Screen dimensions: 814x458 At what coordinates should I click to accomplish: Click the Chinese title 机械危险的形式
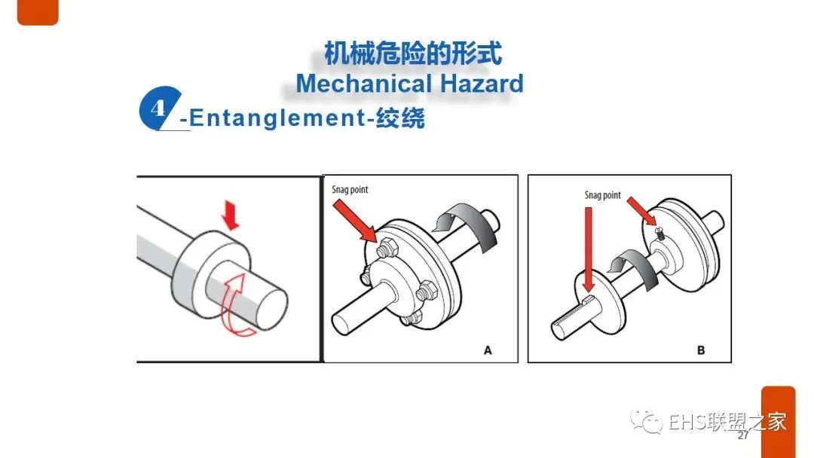pyautogui.click(x=413, y=54)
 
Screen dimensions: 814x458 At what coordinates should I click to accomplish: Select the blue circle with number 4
pyautogui.click(x=160, y=109)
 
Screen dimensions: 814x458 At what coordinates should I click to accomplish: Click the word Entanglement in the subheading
pyautogui.click(x=277, y=118)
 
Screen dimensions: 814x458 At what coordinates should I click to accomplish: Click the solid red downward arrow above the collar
pyautogui.click(x=230, y=215)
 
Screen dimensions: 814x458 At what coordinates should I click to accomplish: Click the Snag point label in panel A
pyautogui.click(x=350, y=189)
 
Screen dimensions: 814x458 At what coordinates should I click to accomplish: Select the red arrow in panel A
pyautogui.click(x=355, y=221)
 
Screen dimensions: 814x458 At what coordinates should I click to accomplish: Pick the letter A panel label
pyautogui.click(x=488, y=350)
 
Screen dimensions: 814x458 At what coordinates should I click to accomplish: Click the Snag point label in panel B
pyautogui.click(x=603, y=195)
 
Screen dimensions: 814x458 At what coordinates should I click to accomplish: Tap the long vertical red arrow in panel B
pyautogui.click(x=588, y=250)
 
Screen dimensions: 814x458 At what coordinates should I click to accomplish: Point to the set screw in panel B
pyautogui.click(x=660, y=233)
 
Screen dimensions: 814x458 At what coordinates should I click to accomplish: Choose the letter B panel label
pyautogui.click(x=701, y=350)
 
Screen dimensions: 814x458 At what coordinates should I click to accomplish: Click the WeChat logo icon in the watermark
pyautogui.click(x=646, y=421)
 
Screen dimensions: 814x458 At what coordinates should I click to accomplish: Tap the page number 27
pyautogui.click(x=743, y=435)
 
